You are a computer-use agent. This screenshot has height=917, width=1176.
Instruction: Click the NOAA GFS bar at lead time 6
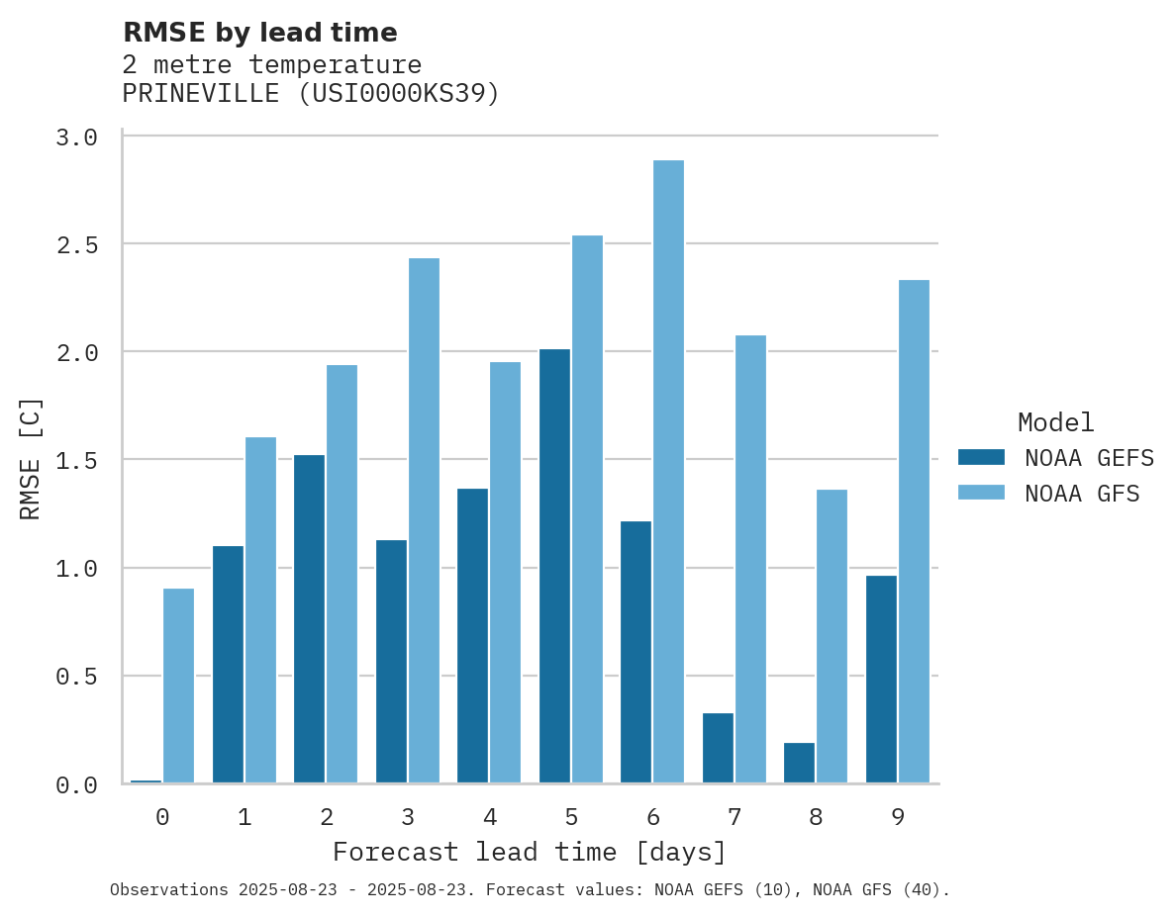[668, 472]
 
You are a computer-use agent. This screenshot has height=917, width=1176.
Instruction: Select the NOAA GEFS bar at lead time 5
[554, 566]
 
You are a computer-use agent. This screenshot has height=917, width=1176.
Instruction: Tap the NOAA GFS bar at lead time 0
[178, 686]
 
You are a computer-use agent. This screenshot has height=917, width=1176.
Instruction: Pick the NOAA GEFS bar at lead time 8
[799, 763]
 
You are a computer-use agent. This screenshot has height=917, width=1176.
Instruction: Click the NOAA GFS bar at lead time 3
[424, 520]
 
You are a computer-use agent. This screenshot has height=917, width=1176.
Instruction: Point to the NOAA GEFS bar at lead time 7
[718, 748]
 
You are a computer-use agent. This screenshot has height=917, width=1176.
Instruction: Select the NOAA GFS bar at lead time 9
[914, 531]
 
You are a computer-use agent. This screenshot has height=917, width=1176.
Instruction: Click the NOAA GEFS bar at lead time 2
[309, 619]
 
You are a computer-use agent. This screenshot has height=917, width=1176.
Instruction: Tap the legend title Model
[1055, 422]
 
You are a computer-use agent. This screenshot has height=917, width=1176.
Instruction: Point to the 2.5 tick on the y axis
[77, 244]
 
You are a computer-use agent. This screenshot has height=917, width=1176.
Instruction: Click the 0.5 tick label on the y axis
[77, 677]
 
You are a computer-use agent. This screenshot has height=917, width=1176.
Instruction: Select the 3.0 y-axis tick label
[77, 138]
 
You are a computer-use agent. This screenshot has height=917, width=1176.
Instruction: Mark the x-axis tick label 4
[489, 817]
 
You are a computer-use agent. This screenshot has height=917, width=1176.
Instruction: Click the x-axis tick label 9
[898, 817]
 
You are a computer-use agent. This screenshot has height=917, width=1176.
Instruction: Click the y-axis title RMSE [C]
[31, 458]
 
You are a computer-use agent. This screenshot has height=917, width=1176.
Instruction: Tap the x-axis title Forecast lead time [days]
[530, 853]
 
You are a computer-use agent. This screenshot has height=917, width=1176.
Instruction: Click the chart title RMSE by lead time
[259, 33]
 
